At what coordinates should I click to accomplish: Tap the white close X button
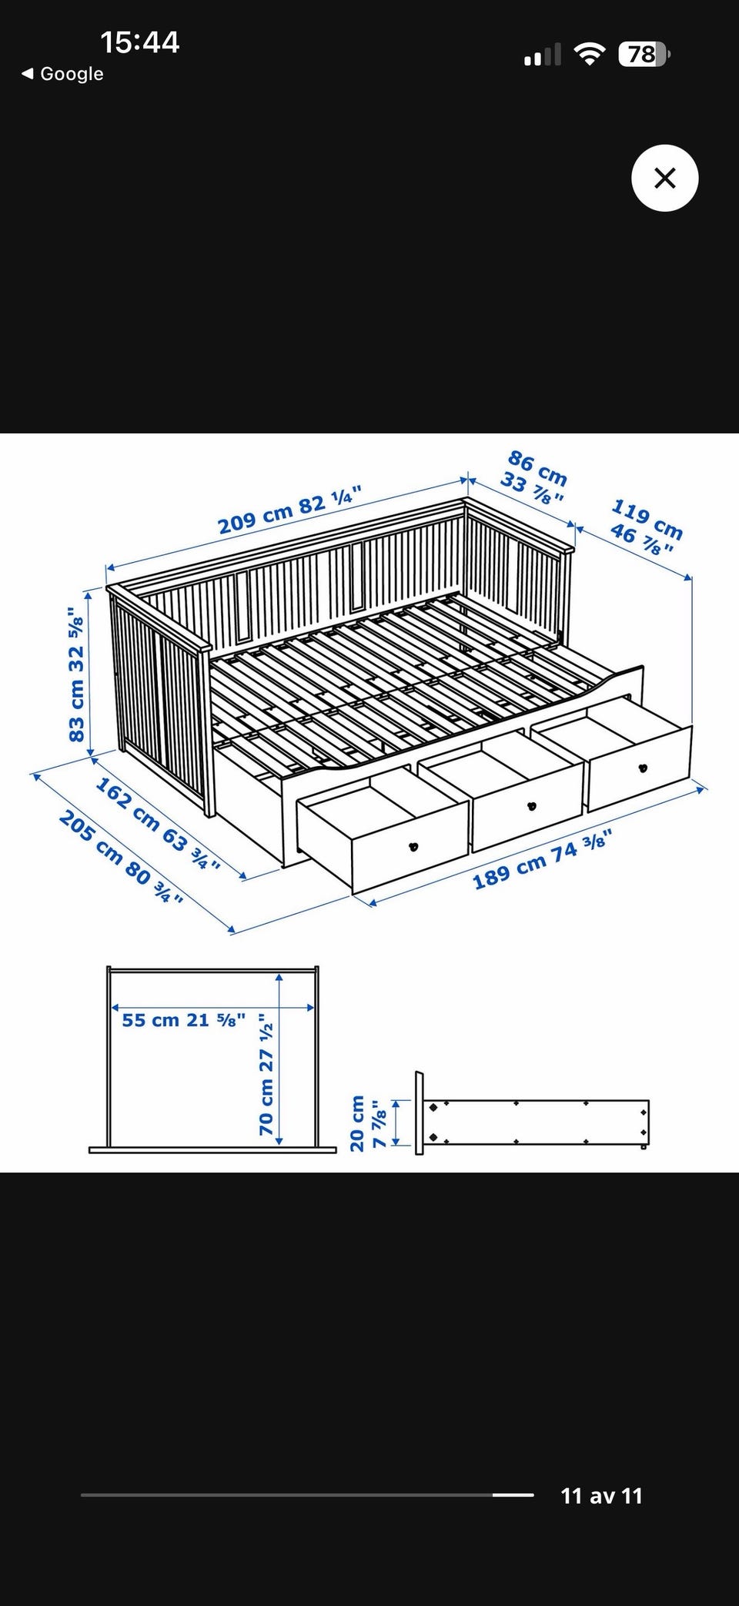pyautogui.click(x=664, y=178)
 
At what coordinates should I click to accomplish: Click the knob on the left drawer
pyautogui.click(x=413, y=847)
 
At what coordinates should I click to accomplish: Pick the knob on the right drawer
pyautogui.click(x=643, y=768)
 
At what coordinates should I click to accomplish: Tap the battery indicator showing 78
pyautogui.click(x=644, y=55)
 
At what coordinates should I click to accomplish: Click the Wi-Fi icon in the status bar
pyautogui.click(x=590, y=54)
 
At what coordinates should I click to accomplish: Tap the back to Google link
pyautogui.click(x=62, y=74)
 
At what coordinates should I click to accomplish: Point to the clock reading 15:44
pyautogui.click(x=139, y=42)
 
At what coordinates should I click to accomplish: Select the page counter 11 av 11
pyautogui.click(x=601, y=1496)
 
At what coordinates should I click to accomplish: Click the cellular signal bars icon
pyautogui.click(x=543, y=55)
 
